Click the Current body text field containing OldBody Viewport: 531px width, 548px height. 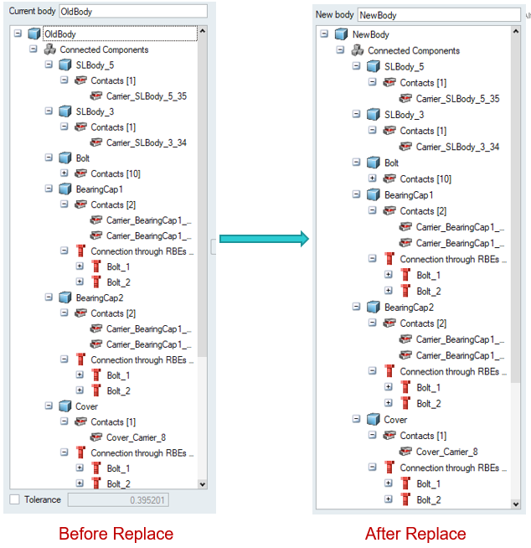[132, 11]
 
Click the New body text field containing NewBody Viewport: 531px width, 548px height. [438, 15]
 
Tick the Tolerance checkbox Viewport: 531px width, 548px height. [14, 500]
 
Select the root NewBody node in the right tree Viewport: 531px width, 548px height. [370, 34]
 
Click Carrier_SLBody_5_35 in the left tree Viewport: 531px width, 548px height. [146, 96]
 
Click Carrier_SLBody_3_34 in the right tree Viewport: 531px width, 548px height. [457, 147]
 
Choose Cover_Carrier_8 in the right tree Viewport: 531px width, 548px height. [446, 452]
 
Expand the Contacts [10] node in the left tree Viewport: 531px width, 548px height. [64, 173]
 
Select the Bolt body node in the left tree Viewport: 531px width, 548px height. [82, 158]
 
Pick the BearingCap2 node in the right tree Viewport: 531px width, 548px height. [409, 308]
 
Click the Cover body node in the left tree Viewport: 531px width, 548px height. [86, 406]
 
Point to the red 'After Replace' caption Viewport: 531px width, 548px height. [415, 534]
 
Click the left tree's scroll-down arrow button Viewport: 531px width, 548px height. [201, 483]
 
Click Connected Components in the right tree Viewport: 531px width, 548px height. [414, 50]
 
